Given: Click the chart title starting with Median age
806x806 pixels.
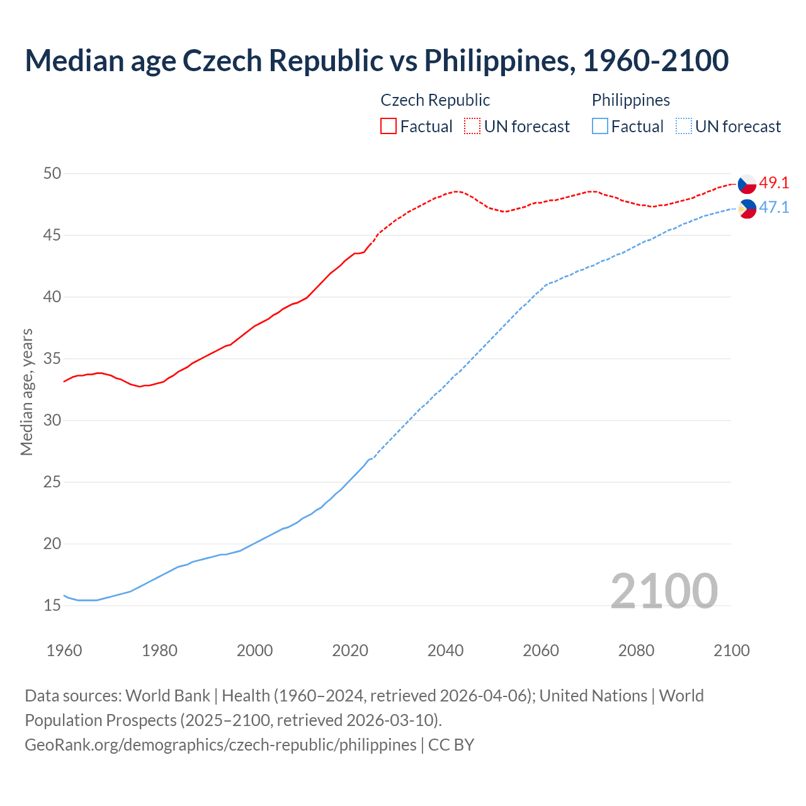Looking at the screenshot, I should point(377,60).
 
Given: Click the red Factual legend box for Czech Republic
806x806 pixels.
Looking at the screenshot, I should point(389,127).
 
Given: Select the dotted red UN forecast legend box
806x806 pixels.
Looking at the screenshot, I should point(472,127).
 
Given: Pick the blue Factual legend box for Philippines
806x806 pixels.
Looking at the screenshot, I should point(600,127).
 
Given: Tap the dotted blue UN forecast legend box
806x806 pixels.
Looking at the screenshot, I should point(684,127).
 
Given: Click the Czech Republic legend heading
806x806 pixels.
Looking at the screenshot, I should point(435,100).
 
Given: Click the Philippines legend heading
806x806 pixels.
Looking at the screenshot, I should point(630,100).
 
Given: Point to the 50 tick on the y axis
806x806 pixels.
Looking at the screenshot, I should point(52,173).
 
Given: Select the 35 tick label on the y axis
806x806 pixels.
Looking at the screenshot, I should point(52,359).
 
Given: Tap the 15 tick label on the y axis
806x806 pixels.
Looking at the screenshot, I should point(52,606).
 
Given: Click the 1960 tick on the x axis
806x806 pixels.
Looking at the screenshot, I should point(64,650).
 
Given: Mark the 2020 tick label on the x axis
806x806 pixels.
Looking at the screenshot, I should point(350,650).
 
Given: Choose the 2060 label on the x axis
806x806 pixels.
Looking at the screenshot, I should point(541,650).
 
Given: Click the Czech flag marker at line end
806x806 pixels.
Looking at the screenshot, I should point(747,183).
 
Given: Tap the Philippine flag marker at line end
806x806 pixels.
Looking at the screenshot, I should point(747,208).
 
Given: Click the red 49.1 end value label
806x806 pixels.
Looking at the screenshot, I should point(774,183).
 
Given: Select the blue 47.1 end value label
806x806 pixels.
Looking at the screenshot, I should point(774,208).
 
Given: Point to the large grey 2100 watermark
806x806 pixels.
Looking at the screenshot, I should point(664,591).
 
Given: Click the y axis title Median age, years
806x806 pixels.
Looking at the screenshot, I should point(26,392).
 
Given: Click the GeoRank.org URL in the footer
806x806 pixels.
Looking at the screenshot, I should point(220,745).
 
